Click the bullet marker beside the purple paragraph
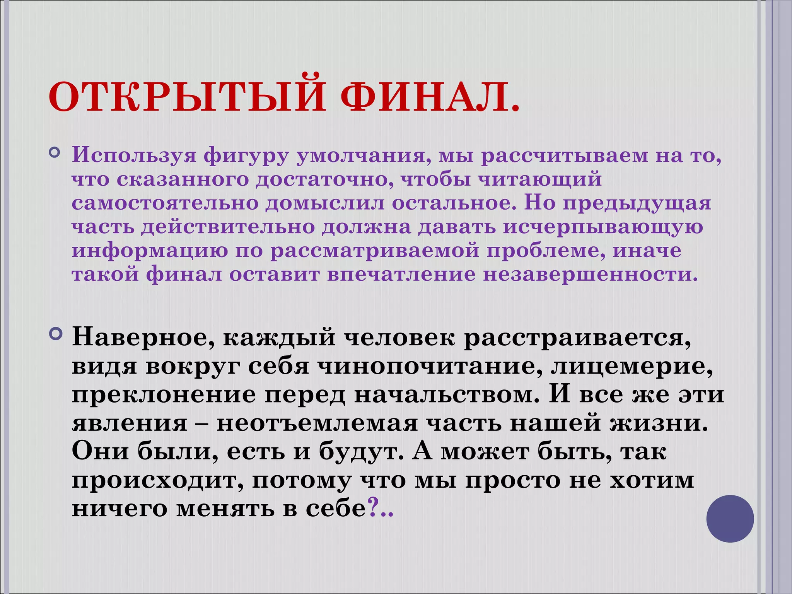(x=55, y=154)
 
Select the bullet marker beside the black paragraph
(x=56, y=333)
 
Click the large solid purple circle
(x=730, y=519)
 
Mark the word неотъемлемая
(x=317, y=423)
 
